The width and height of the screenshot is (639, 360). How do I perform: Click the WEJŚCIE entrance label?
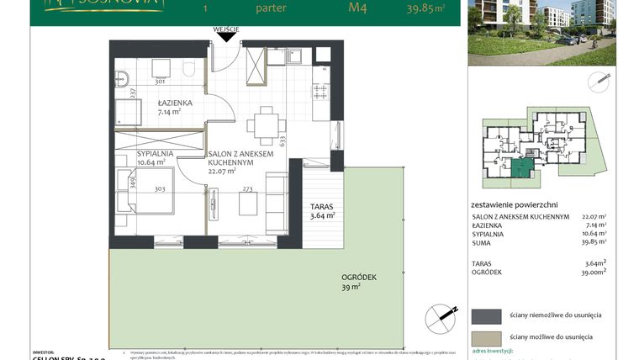click(x=226, y=29)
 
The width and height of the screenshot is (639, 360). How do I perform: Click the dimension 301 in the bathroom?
click(x=159, y=82)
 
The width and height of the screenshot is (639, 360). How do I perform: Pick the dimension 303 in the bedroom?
click(x=160, y=190)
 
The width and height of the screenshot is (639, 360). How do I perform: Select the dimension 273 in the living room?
click(x=247, y=190)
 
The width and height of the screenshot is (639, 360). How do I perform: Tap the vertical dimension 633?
click(x=283, y=141)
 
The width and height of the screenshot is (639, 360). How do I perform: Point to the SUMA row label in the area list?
click(x=483, y=245)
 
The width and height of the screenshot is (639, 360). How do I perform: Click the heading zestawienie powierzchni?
click(x=515, y=204)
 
